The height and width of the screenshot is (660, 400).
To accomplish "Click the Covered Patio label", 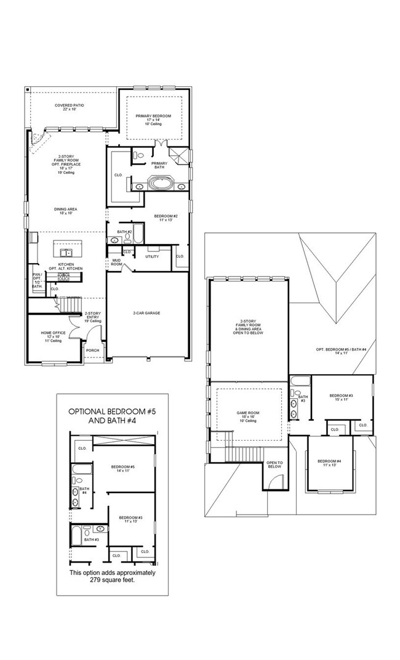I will pos(69,105).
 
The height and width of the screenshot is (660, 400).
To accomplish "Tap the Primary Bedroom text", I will pos(153,116).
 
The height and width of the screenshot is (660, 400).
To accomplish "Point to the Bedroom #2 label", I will pos(166,216).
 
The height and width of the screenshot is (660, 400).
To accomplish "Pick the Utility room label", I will pos(152,256).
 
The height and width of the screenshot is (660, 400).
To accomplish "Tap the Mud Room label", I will pos(116,261).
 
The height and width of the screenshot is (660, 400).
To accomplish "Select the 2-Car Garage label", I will pos(146,313).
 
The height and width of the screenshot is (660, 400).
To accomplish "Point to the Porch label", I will pos(92,350).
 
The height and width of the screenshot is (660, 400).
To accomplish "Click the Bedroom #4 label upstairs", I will pos(329,461).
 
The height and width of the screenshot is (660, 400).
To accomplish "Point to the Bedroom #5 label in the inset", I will pos(123,467).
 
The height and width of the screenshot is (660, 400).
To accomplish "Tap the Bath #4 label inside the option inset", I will pos(84,491).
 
